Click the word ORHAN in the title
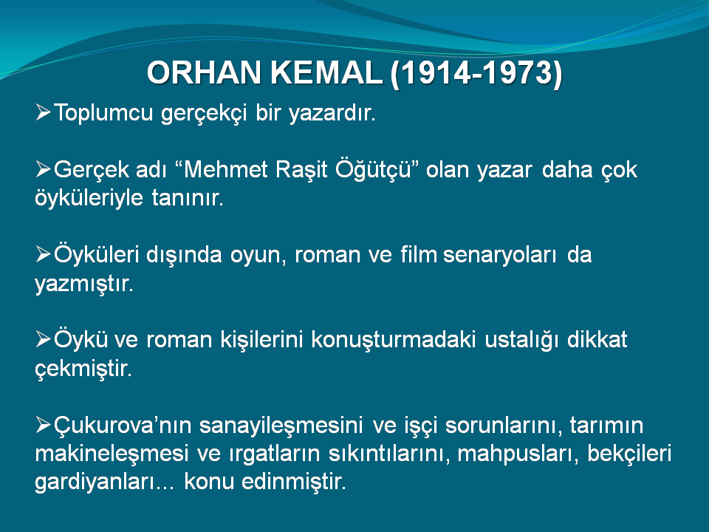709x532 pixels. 204,72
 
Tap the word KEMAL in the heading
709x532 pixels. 326,72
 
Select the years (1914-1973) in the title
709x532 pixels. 476,73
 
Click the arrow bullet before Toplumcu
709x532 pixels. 43,112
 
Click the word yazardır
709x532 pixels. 332,113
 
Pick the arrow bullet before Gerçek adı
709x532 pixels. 43,169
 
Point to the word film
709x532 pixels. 419,254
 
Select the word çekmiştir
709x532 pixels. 83,369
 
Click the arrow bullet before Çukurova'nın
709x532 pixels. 43,425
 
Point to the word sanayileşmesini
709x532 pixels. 281,426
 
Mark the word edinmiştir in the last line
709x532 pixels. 294,481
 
